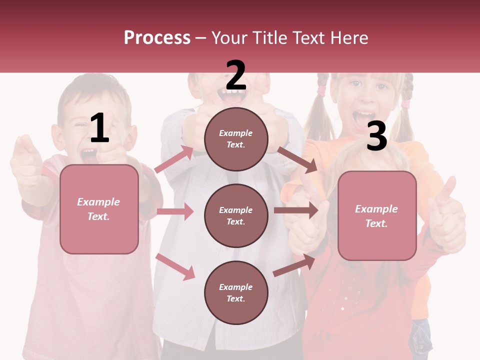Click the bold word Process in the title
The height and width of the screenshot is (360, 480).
(x=157, y=38)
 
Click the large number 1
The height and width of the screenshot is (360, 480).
(x=99, y=128)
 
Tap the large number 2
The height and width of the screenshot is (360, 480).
(x=235, y=75)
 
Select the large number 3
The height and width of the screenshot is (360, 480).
(x=376, y=136)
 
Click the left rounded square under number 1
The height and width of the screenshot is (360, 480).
(x=99, y=209)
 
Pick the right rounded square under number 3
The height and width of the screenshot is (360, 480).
(x=377, y=215)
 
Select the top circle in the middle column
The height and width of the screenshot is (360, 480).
(x=236, y=139)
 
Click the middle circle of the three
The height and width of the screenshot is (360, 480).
(x=236, y=215)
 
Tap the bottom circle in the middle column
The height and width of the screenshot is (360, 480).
(x=236, y=292)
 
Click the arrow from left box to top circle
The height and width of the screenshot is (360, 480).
(x=174, y=159)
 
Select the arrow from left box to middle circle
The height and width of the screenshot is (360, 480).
(x=175, y=211)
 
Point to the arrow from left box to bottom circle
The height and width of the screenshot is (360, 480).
(x=175, y=266)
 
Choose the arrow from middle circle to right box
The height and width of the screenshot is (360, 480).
(x=296, y=210)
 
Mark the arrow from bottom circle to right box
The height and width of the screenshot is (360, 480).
(x=294, y=265)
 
